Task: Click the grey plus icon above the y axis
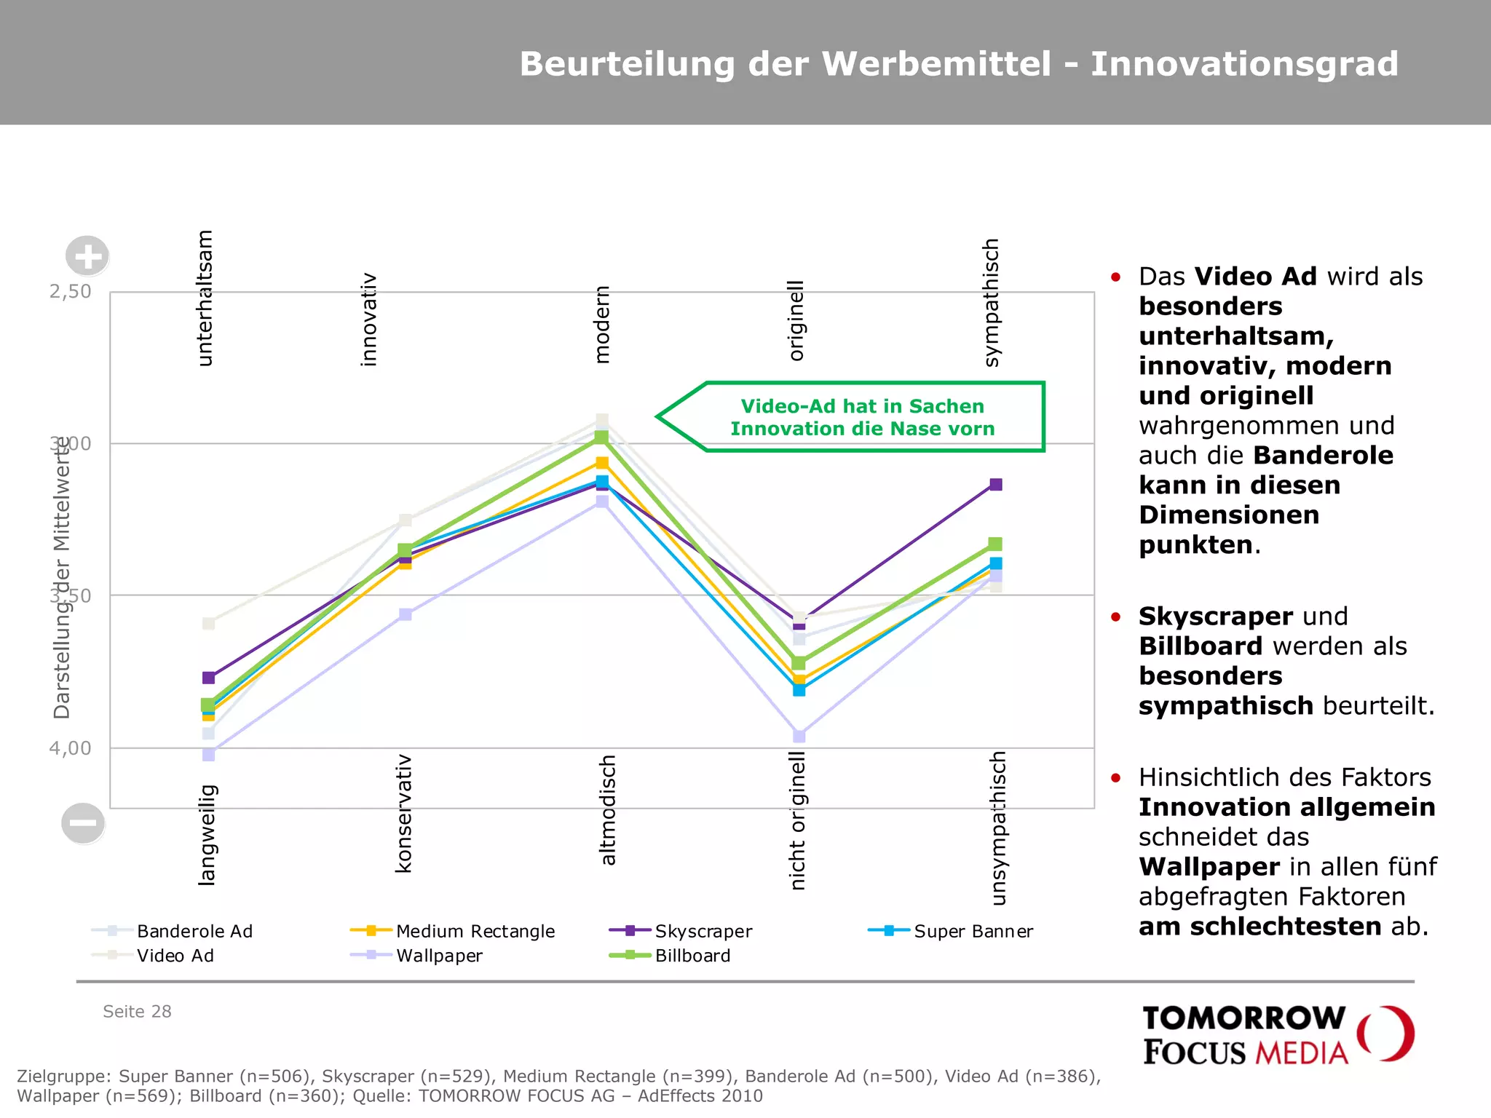click(x=87, y=256)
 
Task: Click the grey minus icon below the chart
click(x=83, y=823)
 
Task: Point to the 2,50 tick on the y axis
click(x=70, y=292)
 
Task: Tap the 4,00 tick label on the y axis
click(x=70, y=748)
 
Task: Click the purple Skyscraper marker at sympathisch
click(x=996, y=485)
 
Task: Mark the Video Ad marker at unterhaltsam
click(x=209, y=624)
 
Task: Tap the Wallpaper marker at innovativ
click(x=406, y=614)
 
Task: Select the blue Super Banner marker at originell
click(x=799, y=690)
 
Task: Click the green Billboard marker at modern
click(x=601, y=437)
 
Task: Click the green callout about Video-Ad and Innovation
click(x=862, y=417)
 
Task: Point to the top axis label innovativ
click(x=369, y=320)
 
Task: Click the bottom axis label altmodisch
click(x=608, y=810)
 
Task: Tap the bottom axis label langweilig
click(x=207, y=834)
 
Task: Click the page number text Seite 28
click(x=137, y=1012)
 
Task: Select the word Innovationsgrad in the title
click(x=1244, y=64)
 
